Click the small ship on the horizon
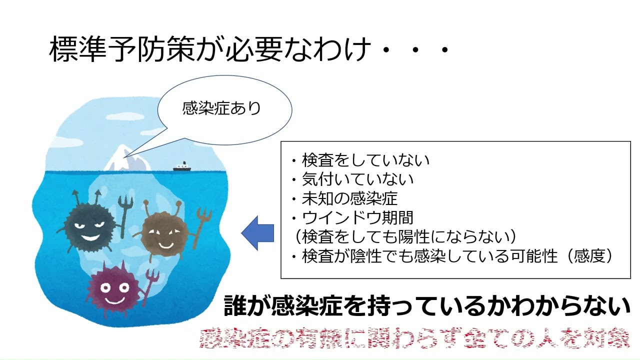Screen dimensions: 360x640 181,167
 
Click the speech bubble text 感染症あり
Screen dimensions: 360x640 222,108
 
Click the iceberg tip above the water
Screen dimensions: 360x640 122,158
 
